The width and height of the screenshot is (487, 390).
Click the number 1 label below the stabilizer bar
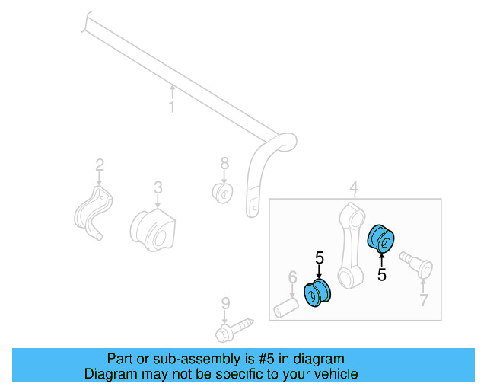[172, 107]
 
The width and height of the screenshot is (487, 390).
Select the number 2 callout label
[100, 165]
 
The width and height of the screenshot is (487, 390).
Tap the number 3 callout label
[158, 187]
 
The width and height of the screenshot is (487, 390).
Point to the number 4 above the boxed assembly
[354, 187]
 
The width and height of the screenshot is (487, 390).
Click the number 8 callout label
[224, 163]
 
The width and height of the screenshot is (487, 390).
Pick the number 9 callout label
[225, 303]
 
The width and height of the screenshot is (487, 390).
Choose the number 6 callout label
[292, 277]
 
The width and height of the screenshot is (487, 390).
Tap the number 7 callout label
[424, 300]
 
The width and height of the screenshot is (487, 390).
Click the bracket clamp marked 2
[93, 213]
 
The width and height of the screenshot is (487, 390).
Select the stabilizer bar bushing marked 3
[153, 230]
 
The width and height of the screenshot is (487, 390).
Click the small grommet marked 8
[222, 193]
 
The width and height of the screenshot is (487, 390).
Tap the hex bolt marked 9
[234, 331]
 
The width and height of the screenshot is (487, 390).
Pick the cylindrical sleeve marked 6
[286, 308]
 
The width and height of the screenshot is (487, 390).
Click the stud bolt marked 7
[416, 265]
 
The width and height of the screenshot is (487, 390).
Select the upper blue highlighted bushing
[380, 238]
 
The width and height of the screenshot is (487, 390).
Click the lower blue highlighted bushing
[317, 292]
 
